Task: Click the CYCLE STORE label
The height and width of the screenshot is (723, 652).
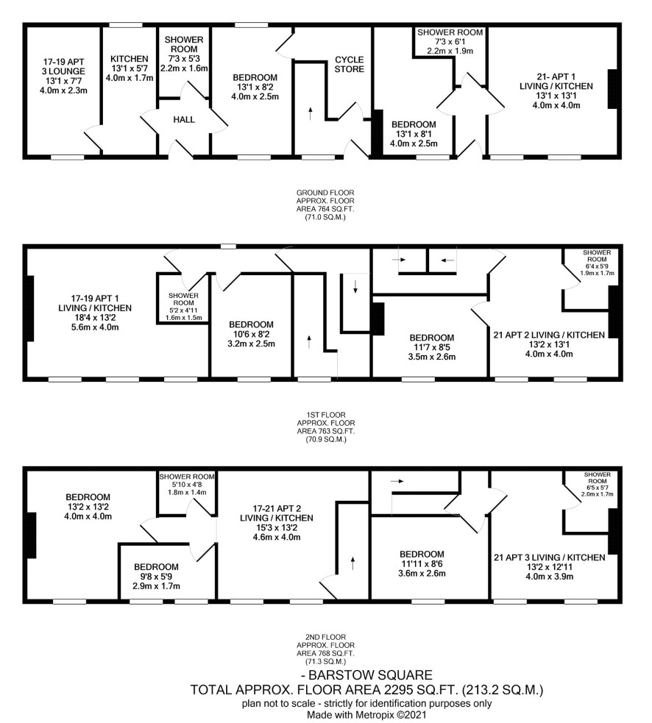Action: pyautogui.click(x=350, y=64)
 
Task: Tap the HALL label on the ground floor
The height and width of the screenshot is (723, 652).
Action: pyautogui.click(x=184, y=120)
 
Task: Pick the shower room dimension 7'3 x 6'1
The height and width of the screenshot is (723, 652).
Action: pyautogui.click(x=450, y=41)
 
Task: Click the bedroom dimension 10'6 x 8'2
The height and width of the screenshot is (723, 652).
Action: pyautogui.click(x=252, y=334)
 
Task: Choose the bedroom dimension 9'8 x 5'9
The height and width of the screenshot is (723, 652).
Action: pyautogui.click(x=156, y=577)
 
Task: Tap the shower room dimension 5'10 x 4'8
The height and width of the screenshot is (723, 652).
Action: pyautogui.click(x=187, y=485)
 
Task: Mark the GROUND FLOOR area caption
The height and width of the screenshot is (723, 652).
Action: pyautogui.click(x=325, y=204)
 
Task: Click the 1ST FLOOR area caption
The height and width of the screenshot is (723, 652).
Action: pyautogui.click(x=325, y=427)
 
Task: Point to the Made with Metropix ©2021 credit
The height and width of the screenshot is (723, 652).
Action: pyautogui.click(x=366, y=715)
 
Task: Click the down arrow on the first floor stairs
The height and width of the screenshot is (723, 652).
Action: pyautogui.click(x=355, y=286)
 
